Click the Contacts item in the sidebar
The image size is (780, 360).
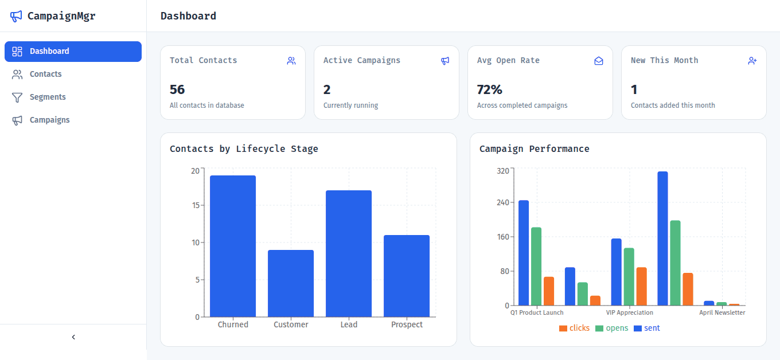point(45,74)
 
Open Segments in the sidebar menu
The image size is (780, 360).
point(48,97)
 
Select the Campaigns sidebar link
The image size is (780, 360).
point(49,120)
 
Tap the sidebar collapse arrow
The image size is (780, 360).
point(73,337)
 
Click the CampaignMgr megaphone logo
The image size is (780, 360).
point(16,16)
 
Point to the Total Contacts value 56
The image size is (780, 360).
point(177,89)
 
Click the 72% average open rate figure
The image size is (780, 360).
point(489,89)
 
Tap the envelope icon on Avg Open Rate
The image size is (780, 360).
point(599,61)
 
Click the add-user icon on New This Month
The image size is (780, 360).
point(752,61)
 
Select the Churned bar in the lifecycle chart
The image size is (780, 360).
point(233,246)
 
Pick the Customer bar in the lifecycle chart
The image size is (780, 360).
point(291,284)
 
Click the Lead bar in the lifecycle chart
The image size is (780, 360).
point(349,254)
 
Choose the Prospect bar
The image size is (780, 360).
point(407,276)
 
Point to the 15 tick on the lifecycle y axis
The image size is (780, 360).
point(196,205)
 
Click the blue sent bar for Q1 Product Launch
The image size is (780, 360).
point(524,253)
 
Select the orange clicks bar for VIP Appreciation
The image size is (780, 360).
point(641,287)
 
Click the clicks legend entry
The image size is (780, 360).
point(574,328)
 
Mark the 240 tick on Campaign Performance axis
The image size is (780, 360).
point(502,202)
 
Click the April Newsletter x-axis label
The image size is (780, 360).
point(722,313)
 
